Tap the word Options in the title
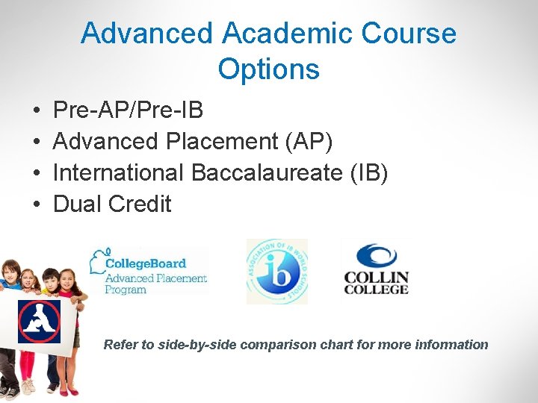coord(269,69)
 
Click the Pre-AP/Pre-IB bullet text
coord(128,110)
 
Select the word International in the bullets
coord(118,172)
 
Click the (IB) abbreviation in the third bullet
coord(369,172)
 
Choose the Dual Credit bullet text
coord(112,204)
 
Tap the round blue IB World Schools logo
coord(276,272)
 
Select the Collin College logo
coord(376,270)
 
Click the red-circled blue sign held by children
coord(39,321)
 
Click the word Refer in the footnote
coord(120,345)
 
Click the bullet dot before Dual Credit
coord(37,204)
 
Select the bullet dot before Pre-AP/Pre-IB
coord(37,111)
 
